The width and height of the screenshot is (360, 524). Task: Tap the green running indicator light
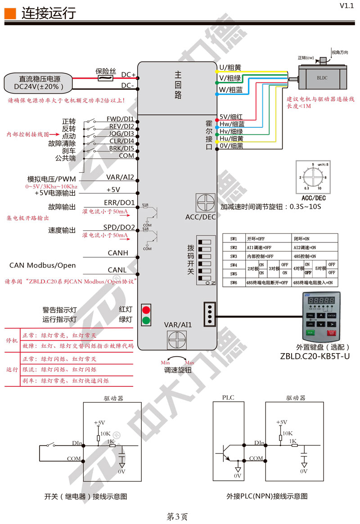coord(146,321)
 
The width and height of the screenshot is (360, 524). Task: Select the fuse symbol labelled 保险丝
coord(106,78)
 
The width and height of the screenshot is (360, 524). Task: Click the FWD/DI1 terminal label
coord(120,119)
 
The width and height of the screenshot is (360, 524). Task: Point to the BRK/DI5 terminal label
coord(120,148)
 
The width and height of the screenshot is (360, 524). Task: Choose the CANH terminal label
coord(118,253)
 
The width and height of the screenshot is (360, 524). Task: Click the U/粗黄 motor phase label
coord(230,68)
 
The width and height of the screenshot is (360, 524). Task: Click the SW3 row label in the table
coord(234,255)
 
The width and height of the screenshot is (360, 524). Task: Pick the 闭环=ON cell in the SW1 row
coord(303,238)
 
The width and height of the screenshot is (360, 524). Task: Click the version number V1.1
coord(347,6)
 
